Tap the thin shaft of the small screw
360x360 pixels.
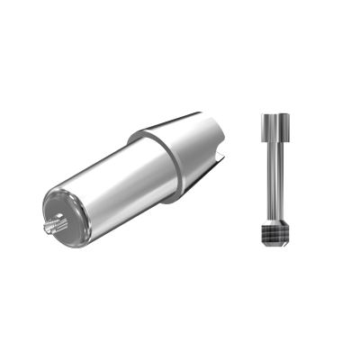(x=274, y=180)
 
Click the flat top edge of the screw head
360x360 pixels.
(x=274, y=115)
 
